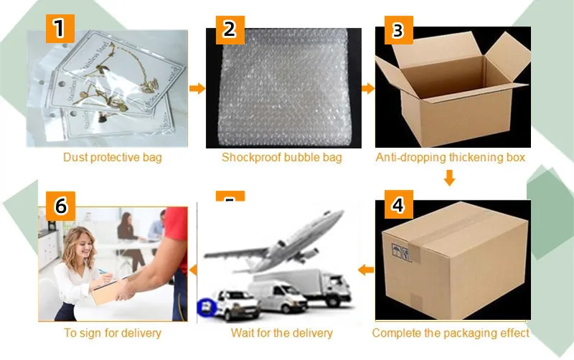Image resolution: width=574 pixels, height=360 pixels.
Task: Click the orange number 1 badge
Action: [x=60, y=29]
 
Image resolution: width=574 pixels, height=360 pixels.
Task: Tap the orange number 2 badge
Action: [x=230, y=29]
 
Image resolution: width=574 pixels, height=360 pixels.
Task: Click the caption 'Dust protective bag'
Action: [x=113, y=157]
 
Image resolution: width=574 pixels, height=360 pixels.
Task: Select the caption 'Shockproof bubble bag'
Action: [x=281, y=157]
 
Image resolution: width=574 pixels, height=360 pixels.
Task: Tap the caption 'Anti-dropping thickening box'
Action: [x=451, y=157]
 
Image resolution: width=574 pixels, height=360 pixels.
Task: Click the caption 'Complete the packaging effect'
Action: [x=451, y=333]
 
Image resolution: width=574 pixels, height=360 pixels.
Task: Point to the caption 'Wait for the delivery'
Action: [x=282, y=333]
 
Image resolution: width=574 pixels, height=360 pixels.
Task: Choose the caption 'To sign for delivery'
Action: [x=113, y=333]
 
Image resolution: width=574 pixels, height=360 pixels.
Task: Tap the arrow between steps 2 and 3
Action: [x=367, y=88]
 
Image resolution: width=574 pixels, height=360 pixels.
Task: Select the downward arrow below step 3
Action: [x=450, y=177]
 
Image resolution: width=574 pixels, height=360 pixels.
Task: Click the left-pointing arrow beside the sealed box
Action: [x=366, y=270]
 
